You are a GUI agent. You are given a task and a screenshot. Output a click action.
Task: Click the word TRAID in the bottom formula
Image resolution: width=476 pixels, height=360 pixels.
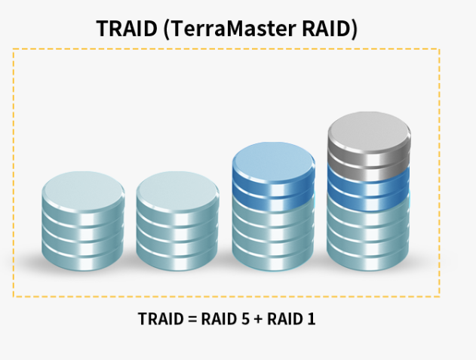tap(161, 318)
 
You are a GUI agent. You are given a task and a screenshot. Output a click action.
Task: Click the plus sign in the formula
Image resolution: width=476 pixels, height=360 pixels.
tap(259, 318)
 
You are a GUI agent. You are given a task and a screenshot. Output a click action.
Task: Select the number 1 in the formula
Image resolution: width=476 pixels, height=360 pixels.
tap(311, 318)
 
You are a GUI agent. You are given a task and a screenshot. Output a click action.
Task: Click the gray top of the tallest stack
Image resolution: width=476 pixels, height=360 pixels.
tap(370, 130)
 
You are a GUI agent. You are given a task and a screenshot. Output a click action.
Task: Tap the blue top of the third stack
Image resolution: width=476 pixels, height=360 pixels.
tap(273, 160)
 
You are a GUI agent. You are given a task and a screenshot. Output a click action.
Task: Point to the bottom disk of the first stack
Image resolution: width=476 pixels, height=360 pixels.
tap(82, 257)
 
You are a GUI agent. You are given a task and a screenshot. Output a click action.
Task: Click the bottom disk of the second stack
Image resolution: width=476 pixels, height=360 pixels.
tap(177, 257)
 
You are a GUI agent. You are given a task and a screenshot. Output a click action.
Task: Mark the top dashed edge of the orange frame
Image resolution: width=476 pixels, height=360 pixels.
tap(226, 50)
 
